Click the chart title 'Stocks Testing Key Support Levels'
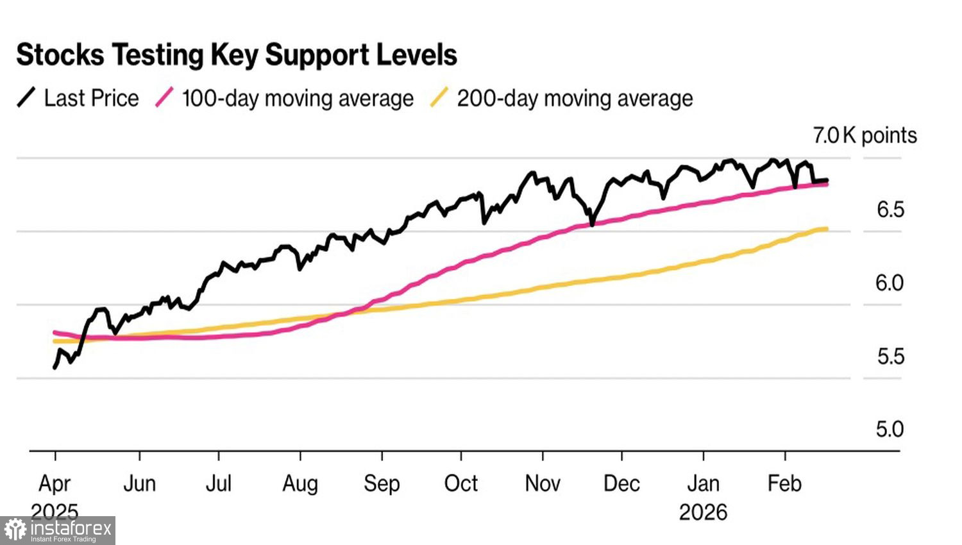point(236,55)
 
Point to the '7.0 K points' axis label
point(865,135)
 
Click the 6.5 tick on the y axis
point(890,210)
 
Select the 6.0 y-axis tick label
point(890,283)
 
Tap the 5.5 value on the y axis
point(890,356)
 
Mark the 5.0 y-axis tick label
point(890,429)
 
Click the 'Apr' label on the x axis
point(55,483)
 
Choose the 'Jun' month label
point(139,483)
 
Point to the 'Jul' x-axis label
point(218,483)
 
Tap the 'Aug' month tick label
point(300,483)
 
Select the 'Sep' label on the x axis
point(382,483)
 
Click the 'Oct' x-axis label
point(460,483)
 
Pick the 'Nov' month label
point(543,483)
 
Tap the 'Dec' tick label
point(621,483)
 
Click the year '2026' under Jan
point(703,512)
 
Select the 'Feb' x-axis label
point(784,483)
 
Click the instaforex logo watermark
point(58,531)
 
